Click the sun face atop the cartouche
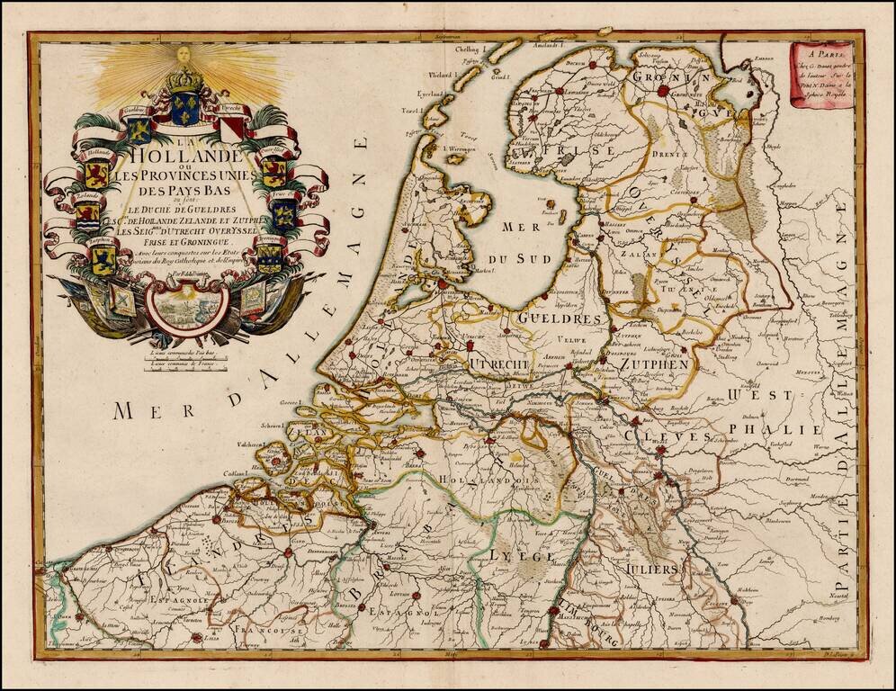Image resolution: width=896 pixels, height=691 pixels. coord(184,56)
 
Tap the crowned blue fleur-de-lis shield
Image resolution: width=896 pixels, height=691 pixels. coord(185,107)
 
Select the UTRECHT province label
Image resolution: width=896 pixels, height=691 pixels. coord(497,363)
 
